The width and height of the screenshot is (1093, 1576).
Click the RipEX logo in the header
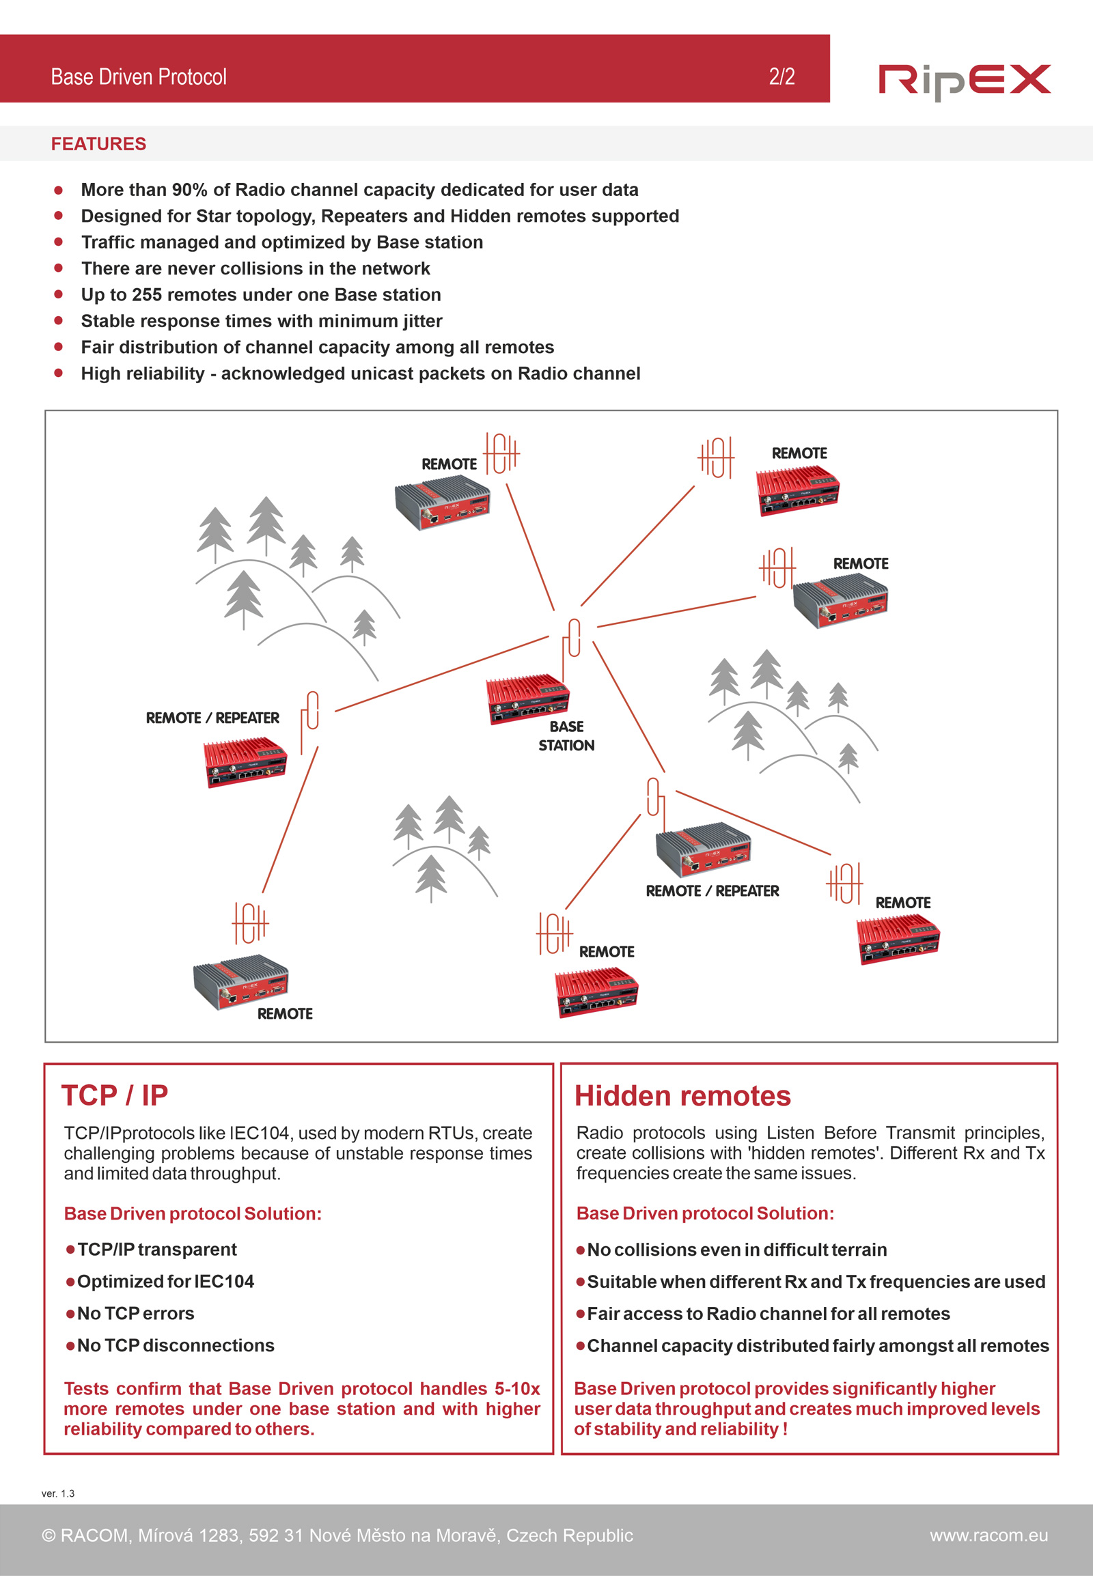point(964,81)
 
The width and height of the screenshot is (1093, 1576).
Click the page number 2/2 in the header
point(781,76)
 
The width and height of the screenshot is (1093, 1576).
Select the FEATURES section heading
point(98,144)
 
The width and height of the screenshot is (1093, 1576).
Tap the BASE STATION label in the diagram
point(566,736)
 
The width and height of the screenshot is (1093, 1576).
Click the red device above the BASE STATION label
point(527,699)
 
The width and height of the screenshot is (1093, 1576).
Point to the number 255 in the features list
point(147,295)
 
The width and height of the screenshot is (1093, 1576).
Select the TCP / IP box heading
point(115,1095)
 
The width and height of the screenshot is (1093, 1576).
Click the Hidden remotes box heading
point(682,1096)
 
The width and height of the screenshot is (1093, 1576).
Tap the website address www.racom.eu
point(988,1535)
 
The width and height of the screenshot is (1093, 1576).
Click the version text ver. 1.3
point(58,1493)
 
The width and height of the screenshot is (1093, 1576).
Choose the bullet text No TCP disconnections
point(176,1345)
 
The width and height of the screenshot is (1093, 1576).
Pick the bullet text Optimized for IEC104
point(165,1282)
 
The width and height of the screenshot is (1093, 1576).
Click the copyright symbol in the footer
point(49,1536)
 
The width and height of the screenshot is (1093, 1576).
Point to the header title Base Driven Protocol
point(139,76)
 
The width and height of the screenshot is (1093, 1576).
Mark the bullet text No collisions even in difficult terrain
point(737,1250)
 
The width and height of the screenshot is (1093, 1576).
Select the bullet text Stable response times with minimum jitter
point(262,321)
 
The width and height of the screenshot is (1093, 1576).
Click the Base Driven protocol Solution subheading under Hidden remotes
point(705,1213)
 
